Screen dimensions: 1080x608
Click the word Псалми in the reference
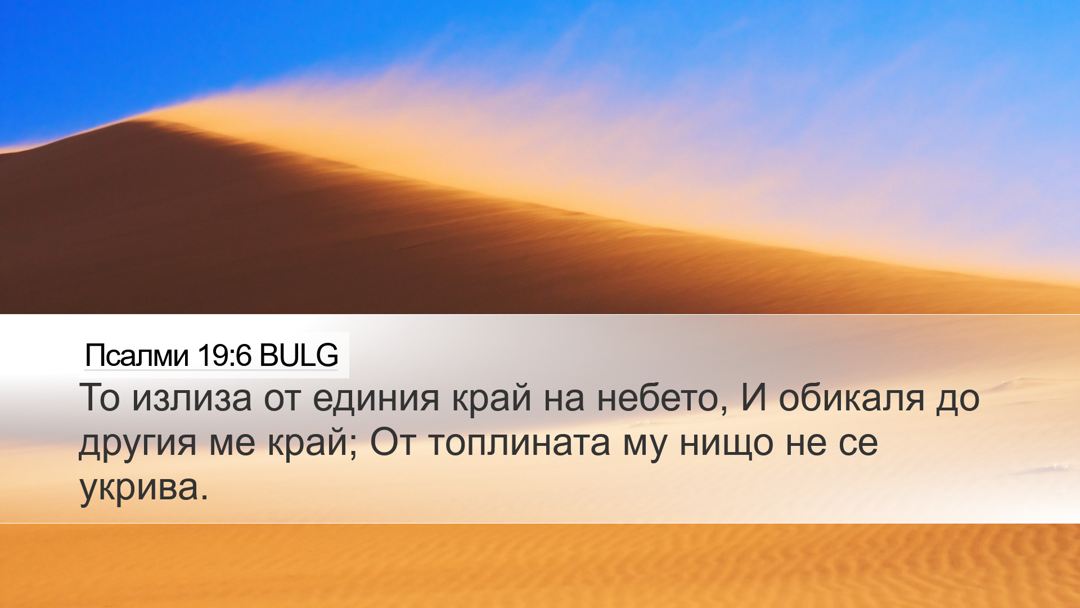pyautogui.click(x=136, y=355)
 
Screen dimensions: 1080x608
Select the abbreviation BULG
pyautogui.click(x=299, y=355)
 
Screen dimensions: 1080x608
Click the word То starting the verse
pyautogui.click(x=100, y=397)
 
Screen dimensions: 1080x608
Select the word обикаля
pyautogui.click(x=851, y=397)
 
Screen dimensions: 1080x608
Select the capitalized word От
pyautogui.click(x=393, y=442)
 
